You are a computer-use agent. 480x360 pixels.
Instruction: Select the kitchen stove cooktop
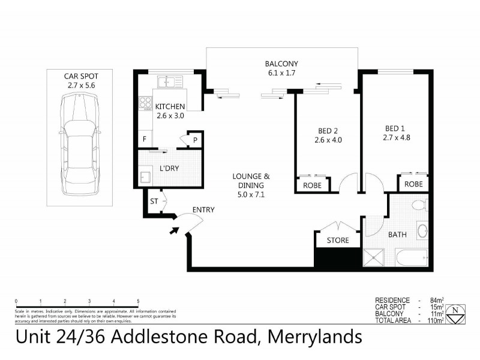[145, 103]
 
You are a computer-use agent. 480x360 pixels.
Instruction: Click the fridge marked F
[144, 140]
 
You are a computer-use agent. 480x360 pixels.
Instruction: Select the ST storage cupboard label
[154, 202]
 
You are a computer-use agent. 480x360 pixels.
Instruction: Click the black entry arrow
[175, 229]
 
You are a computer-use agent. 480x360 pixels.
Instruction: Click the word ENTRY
[203, 209]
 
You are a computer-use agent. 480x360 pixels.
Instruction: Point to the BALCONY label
[281, 64]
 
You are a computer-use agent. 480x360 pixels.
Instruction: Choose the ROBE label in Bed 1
[413, 184]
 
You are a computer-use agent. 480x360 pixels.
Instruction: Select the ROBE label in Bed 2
[312, 185]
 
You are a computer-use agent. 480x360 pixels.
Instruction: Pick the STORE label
[338, 241]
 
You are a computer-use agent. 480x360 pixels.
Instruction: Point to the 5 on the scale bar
[138, 301]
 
